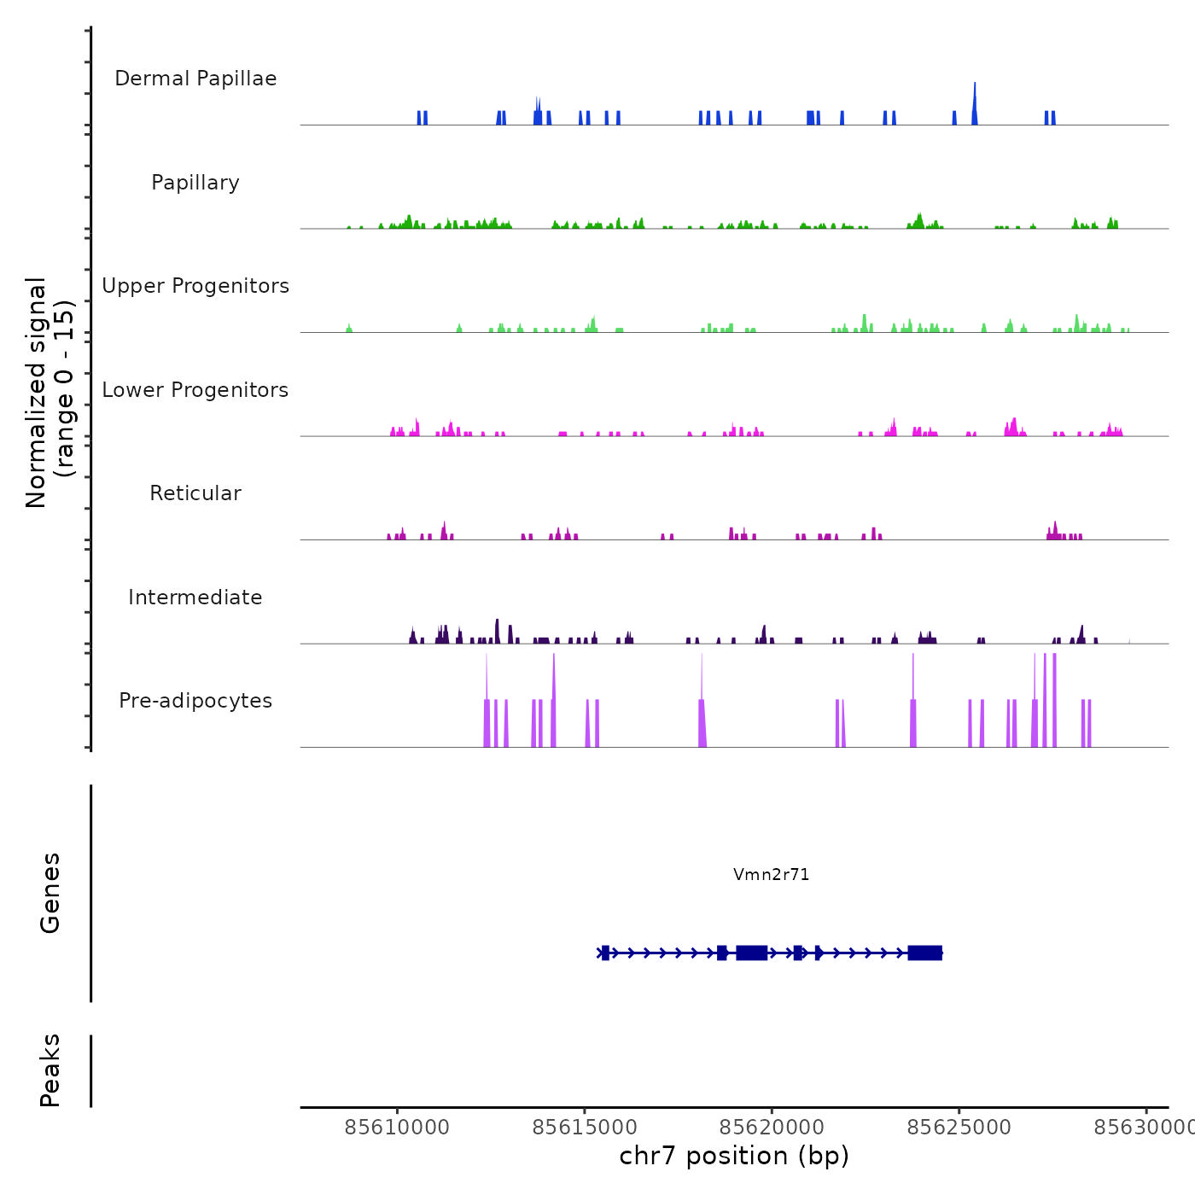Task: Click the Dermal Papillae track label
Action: (x=195, y=79)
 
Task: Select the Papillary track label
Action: (x=195, y=183)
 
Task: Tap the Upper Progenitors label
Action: (x=195, y=286)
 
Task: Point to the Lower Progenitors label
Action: (x=195, y=390)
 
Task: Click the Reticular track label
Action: (x=195, y=493)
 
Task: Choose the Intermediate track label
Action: (x=195, y=597)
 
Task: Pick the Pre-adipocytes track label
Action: (x=195, y=701)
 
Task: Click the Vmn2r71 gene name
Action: (x=771, y=874)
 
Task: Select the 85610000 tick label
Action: (x=397, y=1128)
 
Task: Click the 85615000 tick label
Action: (x=585, y=1128)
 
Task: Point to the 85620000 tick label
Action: (x=772, y=1128)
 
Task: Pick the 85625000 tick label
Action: (x=959, y=1128)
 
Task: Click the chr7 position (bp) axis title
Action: (x=734, y=1156)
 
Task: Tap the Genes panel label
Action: (x=50, y=893)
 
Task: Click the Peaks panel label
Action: (x=50, y=1070)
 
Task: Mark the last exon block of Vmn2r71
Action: (x=924, y=953)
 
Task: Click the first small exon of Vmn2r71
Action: (x=605, y=953)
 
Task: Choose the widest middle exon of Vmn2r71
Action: (x=751, y=953)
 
